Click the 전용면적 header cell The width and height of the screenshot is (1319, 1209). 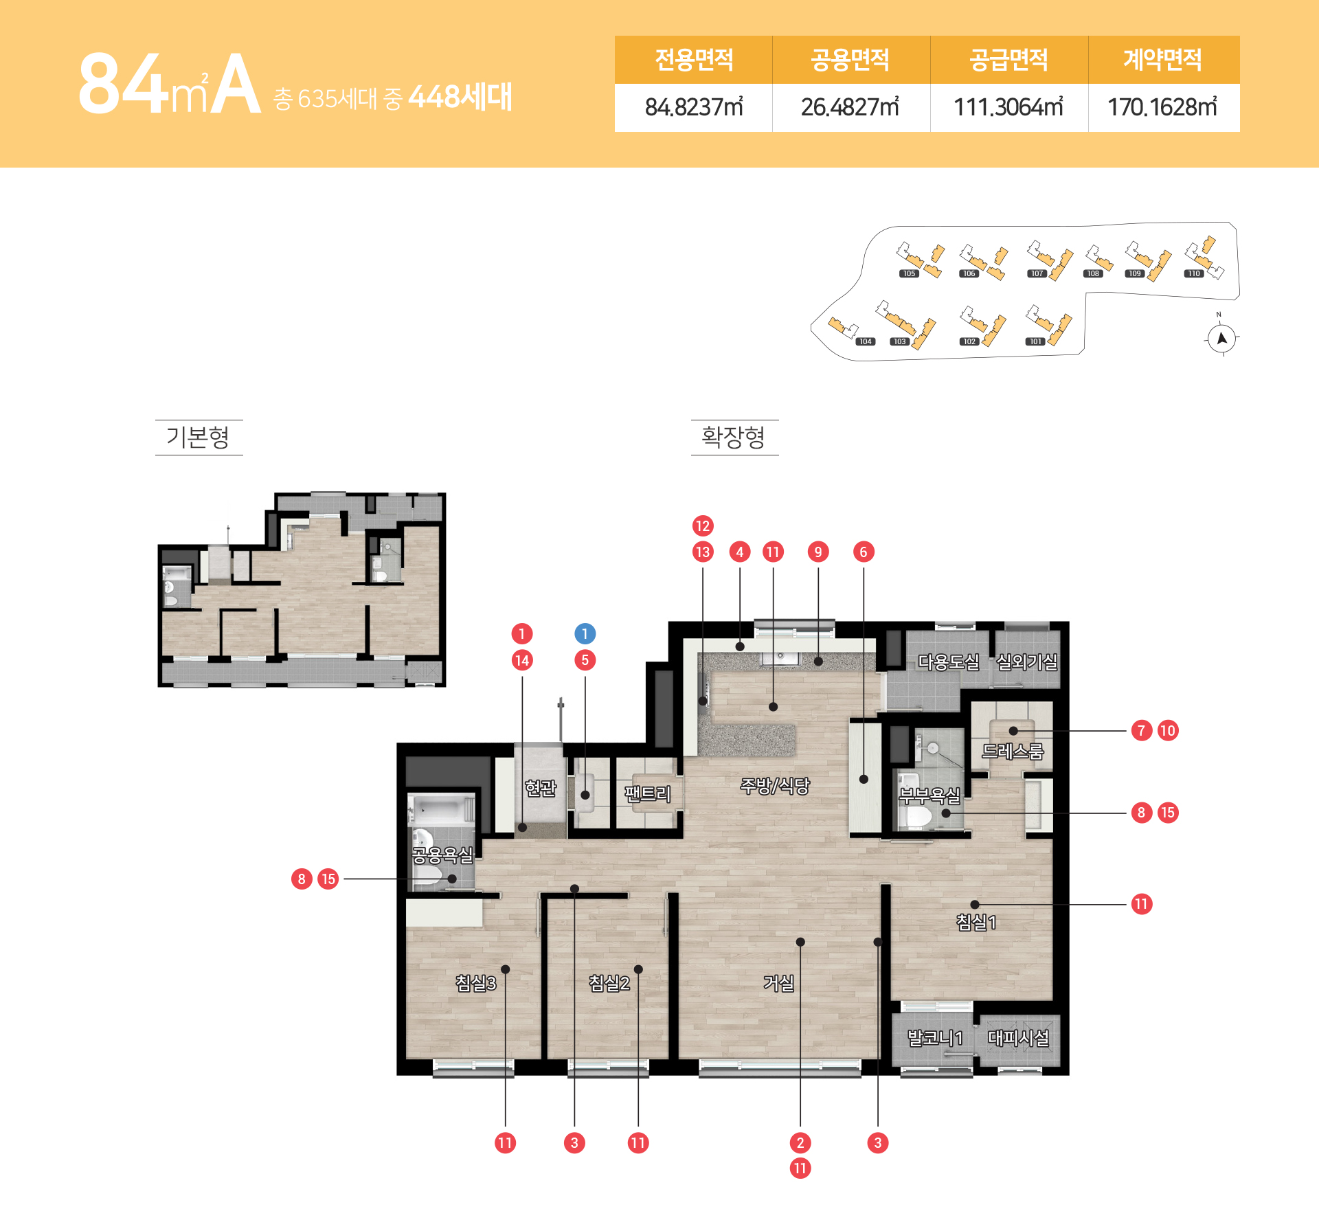tap(694, 60)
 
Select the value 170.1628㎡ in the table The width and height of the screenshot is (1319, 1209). tap(1162, 107)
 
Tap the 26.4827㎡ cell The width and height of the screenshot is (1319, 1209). tap(850, 107)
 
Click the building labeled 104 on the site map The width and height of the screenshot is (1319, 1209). tap(843, 327)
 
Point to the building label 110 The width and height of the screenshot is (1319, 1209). tap(1194, 273)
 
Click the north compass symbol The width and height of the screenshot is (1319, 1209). tap(1221, 338)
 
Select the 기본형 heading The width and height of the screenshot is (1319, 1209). tap(198, 437)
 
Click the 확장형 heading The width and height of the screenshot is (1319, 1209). tap(734, 437)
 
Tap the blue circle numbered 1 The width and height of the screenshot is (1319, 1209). tap(585, 633)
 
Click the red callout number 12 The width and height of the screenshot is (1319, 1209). tap(702, 526)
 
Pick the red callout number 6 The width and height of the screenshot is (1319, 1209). tap(864, 552)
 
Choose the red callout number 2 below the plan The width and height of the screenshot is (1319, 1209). tap(800, 1143)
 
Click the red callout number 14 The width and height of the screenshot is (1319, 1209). tap(522, 661)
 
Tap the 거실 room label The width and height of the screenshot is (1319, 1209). tap(778, 983)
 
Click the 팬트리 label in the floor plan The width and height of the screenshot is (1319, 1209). tap(647, 794)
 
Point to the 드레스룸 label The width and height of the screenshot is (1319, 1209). tap(1013, 751)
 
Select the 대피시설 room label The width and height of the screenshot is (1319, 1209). tap(1018, 1037)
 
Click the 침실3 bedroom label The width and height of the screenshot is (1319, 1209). tap(475, 983)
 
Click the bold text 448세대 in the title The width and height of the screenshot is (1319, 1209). tap(460, 97)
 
